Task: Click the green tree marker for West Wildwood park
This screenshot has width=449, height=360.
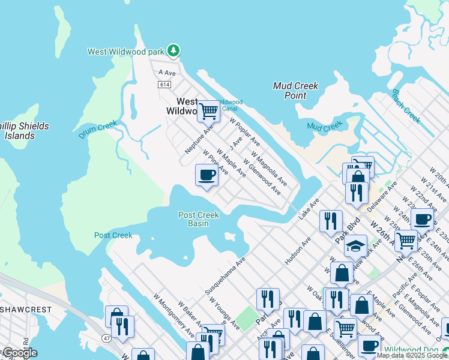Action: tap(173, 51)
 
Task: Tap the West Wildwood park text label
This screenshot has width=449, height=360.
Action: tap(127, 52)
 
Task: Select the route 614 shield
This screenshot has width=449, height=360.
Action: tap(164, 85)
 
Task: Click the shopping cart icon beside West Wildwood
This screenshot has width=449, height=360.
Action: tap(208, 110)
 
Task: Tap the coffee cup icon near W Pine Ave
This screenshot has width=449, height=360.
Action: tap(206, 175)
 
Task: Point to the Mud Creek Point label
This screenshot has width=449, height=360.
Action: tap(295, 91)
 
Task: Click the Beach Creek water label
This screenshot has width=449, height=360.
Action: tap(406, 106)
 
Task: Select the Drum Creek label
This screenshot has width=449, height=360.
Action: tap(97, 130)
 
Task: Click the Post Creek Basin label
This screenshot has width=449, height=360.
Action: tap(199, 219)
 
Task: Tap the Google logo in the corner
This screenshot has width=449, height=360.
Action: tap(19, 353)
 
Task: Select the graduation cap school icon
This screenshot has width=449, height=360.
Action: tap(356, 246)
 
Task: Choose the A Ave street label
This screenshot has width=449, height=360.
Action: tap(166, 73)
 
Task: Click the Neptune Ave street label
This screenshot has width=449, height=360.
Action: tap(199, 139)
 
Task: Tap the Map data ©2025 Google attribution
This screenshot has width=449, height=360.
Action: tap(412, 355)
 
